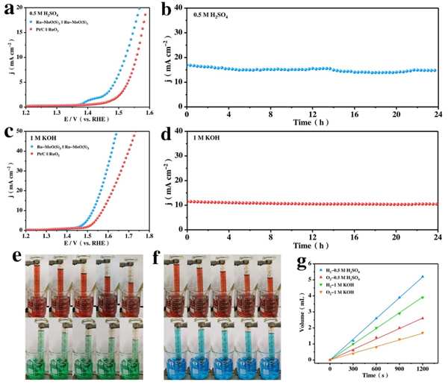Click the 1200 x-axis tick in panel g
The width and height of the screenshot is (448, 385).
pyautogui.click(x=423, y=367)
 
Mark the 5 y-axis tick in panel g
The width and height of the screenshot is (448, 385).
pyautogui.click(x=317, y=278)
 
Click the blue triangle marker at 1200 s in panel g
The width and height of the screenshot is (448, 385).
pyautogui.click(x=423, y=277)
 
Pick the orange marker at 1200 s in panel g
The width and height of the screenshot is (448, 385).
pyautogui.click(x=423, y=333)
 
